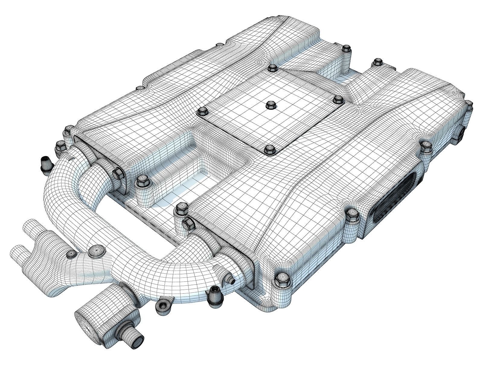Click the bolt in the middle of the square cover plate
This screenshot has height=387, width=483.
[269, 105]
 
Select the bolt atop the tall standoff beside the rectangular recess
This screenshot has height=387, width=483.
[141, 181]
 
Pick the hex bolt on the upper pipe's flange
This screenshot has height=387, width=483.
[118, 173]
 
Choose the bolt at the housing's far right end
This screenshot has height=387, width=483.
[469, 104]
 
